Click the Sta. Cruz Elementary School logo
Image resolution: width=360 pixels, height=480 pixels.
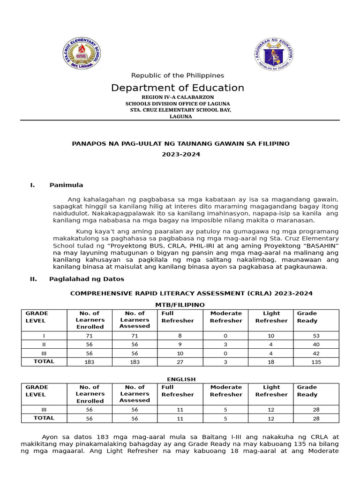tap(82, 53)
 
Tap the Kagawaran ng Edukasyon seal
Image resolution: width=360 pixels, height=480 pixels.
tap(274, 54)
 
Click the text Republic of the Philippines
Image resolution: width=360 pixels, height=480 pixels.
tap(177, 75)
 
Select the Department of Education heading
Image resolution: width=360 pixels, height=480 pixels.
tap(177, 88)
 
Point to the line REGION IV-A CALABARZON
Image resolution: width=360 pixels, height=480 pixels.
tap(177, 97)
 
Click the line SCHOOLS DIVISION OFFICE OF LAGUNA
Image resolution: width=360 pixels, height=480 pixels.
tap(177, 104)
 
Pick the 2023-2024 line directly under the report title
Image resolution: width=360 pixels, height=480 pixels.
tap(180, 155)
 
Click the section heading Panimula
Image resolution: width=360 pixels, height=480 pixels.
tap(66, 185)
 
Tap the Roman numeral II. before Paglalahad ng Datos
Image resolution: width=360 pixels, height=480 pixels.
tap(33, 279)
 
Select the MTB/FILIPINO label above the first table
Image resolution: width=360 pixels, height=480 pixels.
tap(180, 305)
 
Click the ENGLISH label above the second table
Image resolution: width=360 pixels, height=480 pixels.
tap(181, 379)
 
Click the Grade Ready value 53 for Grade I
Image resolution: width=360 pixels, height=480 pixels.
tap(316, 336)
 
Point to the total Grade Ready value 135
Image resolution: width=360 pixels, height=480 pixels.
tap(316, 362)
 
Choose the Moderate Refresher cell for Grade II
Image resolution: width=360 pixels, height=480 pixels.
tap(226, 345)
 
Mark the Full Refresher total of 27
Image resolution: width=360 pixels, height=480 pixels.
tap(180, 362)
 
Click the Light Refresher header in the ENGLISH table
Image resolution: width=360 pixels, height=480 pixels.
tap(271, 391)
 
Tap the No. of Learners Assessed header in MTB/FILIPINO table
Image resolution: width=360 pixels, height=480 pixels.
tap(135, 320)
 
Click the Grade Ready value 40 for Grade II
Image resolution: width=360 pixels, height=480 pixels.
tap(316, 345)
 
